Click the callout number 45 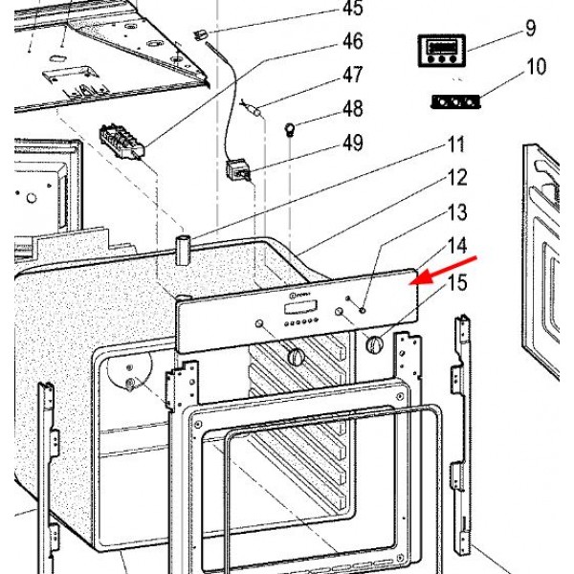(x=353, y=10)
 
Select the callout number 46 (x=353, y=41)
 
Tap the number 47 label (x=353, y=74)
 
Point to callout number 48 (x=353, y=109)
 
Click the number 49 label (x=353, y=143)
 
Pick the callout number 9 (x=530, y=29)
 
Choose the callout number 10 (x=536, y=67)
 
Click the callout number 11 (x=454, y=145)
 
